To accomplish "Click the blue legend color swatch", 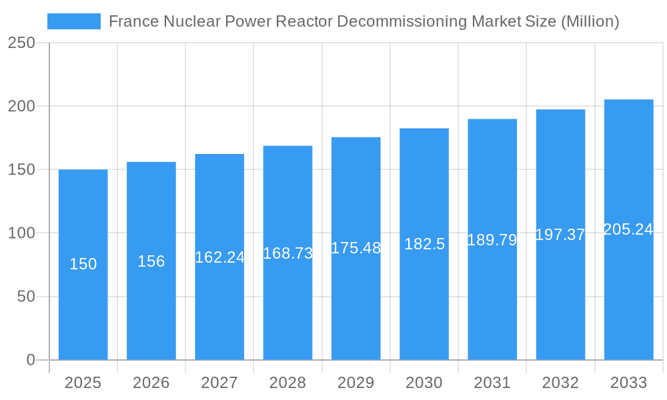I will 73,21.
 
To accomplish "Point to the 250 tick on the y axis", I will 21,43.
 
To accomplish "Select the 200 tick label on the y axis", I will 21,106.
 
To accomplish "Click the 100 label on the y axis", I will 21,233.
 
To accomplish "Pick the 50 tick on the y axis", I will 26,297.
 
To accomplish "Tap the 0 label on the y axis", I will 31,360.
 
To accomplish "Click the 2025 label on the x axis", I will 83,383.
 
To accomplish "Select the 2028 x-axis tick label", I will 287,383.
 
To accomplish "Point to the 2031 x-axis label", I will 492,383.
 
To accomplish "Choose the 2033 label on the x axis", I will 628,383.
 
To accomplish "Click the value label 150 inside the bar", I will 83,264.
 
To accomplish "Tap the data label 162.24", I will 219,257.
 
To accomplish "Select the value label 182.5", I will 424,244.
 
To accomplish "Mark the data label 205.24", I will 628,229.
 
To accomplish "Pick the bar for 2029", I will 356,300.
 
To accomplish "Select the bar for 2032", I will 560,300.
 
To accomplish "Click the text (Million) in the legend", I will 590,21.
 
